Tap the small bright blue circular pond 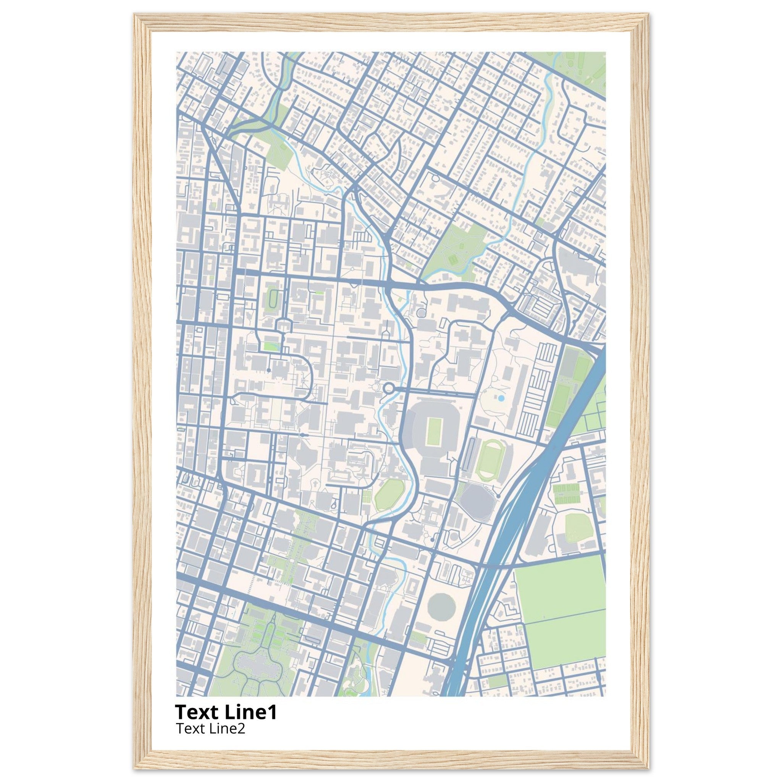pos(501,399)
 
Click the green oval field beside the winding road pos(389,494)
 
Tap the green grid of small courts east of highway pos(566,494)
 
